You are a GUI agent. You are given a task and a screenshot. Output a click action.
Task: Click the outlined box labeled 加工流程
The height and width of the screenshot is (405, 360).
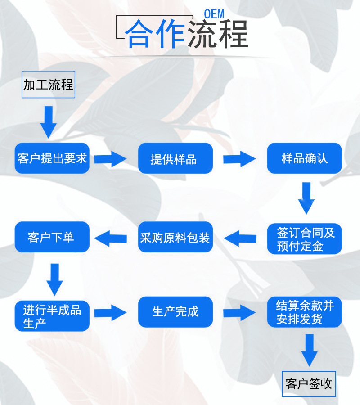[48, 85]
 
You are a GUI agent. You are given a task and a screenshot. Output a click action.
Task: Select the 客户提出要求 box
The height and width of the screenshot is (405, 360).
[52, 158]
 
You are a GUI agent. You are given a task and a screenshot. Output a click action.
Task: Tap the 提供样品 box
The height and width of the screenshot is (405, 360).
[175, 158]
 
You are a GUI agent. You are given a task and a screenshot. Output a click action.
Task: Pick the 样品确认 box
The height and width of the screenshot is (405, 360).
[304, 158]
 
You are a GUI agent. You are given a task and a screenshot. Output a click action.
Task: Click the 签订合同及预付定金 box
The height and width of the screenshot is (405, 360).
[304, 239]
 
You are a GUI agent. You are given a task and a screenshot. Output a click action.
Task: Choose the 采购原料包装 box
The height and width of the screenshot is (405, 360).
[175, 237]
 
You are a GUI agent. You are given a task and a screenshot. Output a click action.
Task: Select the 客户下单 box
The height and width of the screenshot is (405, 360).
[52, 237]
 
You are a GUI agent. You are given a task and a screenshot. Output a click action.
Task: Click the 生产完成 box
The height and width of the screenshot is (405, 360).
[175, 312]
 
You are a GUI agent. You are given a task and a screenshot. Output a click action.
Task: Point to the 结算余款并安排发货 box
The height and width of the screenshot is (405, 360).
[304, 312]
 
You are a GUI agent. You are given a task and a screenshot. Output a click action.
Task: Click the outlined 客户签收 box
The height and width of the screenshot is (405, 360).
[309, 383]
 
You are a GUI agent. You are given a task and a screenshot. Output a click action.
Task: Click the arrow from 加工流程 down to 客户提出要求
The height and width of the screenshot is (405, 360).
[48, 122]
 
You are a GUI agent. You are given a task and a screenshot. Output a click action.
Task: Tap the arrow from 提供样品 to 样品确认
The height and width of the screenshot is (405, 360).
[239, 159]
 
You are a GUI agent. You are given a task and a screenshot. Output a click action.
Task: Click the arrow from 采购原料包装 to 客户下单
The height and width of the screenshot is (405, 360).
[111, 238]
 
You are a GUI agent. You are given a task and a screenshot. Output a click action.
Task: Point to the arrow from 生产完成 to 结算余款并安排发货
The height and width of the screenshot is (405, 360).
[239, 312]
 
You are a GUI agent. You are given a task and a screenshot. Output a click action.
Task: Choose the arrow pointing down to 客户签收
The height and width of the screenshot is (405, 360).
[309, 349]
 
